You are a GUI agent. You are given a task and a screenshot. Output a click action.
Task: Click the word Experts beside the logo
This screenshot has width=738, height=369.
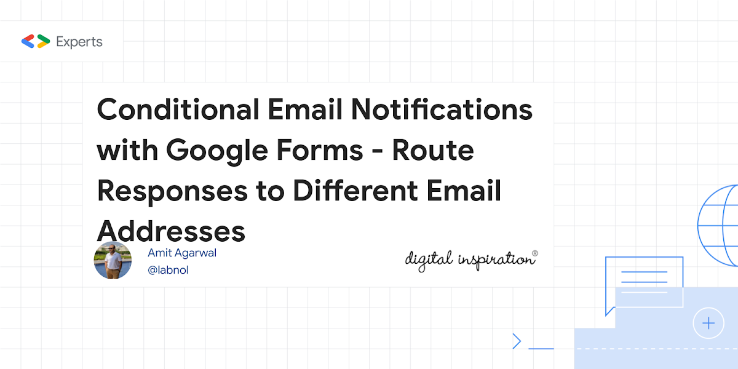(79, 42)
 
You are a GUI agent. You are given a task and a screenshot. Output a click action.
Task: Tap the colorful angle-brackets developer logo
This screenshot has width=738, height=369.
(36, 41)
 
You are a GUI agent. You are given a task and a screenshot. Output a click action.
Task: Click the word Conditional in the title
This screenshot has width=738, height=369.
(178, 109)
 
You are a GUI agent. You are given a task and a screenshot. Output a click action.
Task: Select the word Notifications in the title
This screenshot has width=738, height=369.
(442, 109)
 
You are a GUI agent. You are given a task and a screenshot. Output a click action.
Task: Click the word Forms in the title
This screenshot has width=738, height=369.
(320, 150)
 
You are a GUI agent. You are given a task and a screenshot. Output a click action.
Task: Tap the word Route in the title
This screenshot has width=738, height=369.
(433, 150)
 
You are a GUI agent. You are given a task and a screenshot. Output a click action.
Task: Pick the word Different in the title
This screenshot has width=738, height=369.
(356, 191)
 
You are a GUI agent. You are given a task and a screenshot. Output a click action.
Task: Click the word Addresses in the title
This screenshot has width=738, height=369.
(171, 231)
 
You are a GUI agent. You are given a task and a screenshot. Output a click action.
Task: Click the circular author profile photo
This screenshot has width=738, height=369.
(113, 260)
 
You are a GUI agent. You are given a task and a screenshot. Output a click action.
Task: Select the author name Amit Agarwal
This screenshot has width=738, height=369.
(182, 253)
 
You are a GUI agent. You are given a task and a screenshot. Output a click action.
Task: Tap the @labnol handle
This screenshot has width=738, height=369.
(168, 270)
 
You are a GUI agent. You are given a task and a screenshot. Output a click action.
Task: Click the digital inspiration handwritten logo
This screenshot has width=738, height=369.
(469, 260)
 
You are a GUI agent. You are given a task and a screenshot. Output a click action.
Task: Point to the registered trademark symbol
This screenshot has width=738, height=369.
(535, 253)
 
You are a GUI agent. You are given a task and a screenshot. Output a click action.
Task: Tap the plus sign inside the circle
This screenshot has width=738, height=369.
(708, 323)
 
